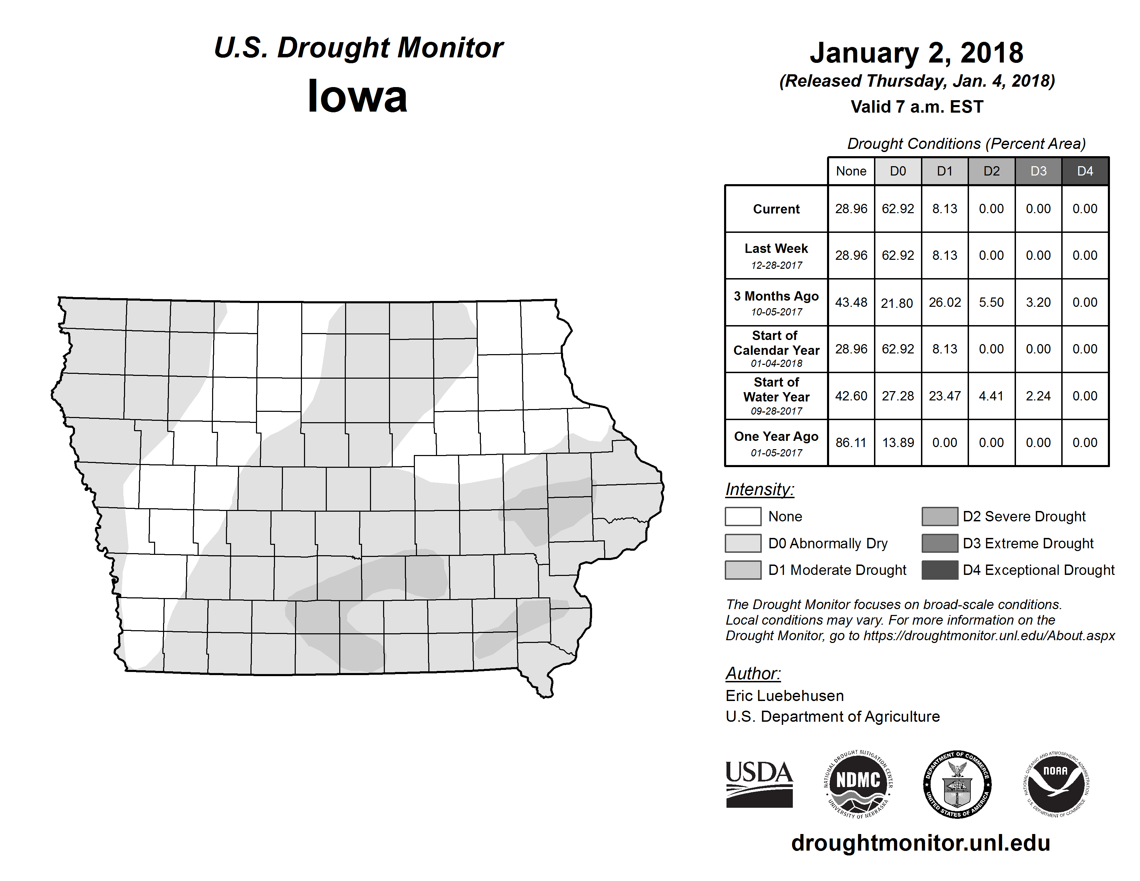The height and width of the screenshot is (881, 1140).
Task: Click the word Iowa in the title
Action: (358, 96)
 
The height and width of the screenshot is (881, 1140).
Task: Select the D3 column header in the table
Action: (1038, 171)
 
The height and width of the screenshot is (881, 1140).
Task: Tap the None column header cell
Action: (851, 171)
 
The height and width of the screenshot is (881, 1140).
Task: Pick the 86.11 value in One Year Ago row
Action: (851, 443)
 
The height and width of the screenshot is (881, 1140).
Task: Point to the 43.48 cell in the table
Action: (851, 302)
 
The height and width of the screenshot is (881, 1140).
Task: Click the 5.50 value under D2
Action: (991, 302)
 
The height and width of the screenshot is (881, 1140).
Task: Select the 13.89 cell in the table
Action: (898, 443)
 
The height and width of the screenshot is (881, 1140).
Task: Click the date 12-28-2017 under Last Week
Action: (776, 265)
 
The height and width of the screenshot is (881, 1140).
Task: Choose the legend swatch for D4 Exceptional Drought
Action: (940, 570)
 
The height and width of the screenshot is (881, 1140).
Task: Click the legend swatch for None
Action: (743, 516)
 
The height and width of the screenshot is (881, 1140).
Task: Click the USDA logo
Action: (759, 784)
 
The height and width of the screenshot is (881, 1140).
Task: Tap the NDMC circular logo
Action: (858, 784)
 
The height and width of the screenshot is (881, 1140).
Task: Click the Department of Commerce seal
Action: (957, 784)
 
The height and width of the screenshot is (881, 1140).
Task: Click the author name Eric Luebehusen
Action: (785, 696)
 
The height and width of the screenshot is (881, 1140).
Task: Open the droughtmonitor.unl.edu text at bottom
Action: (921, 843)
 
